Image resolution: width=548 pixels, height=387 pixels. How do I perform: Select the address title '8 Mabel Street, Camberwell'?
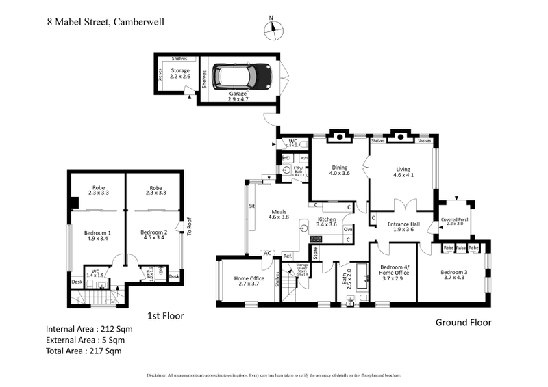click(105, 21)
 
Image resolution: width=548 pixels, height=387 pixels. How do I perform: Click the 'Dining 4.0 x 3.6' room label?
click(340, 170)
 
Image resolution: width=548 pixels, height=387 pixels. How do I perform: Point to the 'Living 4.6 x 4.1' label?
click(403, 170)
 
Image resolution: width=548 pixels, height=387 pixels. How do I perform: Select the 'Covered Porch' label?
click(456, 220)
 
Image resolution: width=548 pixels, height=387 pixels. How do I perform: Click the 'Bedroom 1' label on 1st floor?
click(97, 235)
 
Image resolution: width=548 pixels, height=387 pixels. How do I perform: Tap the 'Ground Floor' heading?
click(464, 323)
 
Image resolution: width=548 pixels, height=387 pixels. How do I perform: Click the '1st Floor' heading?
click(166, 316)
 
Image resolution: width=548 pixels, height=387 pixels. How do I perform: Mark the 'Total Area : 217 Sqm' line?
click(84, 351)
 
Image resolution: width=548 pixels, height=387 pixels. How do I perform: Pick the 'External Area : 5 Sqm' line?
click(86, 340)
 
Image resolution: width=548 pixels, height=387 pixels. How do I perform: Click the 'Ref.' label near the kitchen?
click(288, 256)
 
